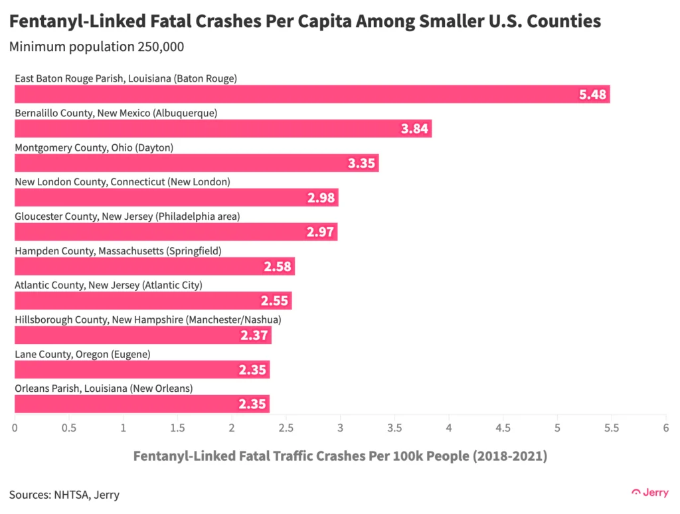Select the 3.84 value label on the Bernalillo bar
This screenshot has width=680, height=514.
pyautogui.click(x=414, y=129)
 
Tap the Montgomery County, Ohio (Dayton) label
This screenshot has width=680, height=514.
pyautogui.click(x=94, y=147)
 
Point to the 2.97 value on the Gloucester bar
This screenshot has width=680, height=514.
pyautogui.click(x=321, y=232)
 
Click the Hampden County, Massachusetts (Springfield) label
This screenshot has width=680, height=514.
pyautogui.click(x=118, y=250)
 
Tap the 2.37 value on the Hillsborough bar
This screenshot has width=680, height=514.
pyautogui.click(x=254, y=335)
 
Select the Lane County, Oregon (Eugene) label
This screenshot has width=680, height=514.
pyautogui.click(x=82, y=354)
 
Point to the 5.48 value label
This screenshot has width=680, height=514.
pyautogui.click(x=592, y=94)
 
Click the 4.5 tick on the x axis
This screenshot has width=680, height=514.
pyautogui.click(x=503, y=428)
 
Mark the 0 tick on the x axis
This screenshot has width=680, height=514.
pyautogui.click(x=15, y=428)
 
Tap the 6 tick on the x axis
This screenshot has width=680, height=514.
pyautogui.click(x=665, y=428)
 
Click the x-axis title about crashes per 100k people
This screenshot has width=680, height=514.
pyautogui.click(x=340, y=456)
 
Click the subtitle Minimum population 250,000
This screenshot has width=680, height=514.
pyautogui.click(x=96, y=47)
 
